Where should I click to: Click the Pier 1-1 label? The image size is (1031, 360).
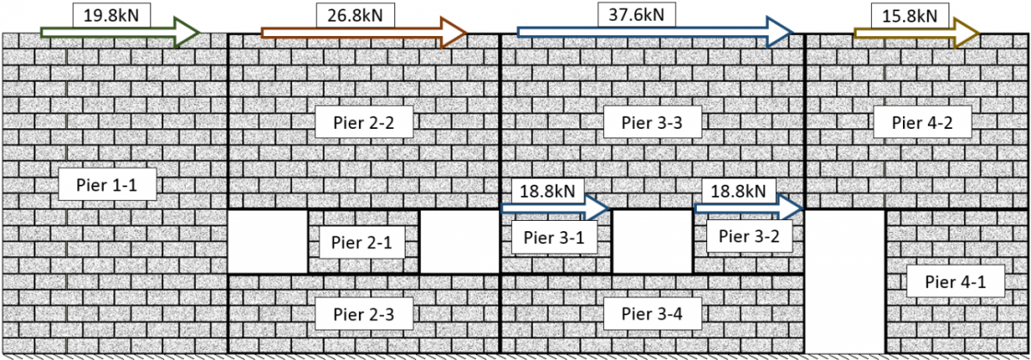[x=107, y=184]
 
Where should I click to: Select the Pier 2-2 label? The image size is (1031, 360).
[x=363, y=123]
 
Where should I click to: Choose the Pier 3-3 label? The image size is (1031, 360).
[x=653, y=123]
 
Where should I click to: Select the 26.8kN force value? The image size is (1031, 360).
[x=350, y=15]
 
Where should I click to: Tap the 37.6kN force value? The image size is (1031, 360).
[x=637, y=15]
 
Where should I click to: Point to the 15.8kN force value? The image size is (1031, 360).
[x=911, y=15]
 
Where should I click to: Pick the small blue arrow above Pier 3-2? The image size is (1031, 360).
[x=747, y=208]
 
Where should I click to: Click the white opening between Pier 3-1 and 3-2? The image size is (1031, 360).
[x=652, y=242]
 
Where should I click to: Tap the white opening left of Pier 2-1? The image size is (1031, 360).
[x=267, y=242]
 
